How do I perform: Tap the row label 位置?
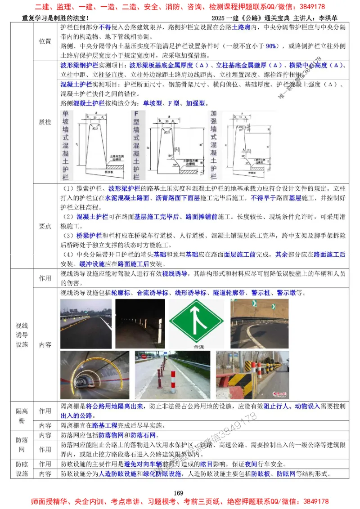coord(45,41)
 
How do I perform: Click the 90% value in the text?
coord(271,46)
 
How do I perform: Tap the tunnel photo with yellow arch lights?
coord(92,376)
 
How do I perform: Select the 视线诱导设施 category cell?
coord(22,335)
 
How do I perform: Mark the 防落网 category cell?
coord(22,445)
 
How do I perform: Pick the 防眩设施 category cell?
coord(22,469)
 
